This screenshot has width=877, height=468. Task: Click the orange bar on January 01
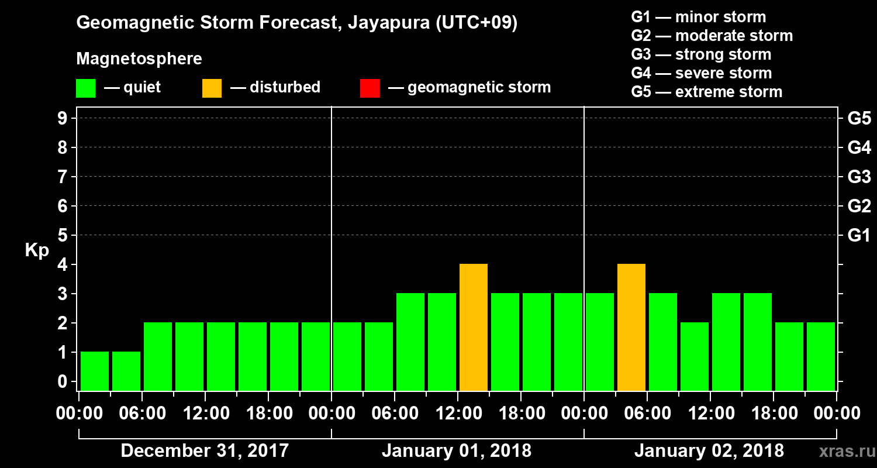point(474,327)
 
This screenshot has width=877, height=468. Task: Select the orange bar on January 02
point(631,327)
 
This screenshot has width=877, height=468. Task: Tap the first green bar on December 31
point(95,371)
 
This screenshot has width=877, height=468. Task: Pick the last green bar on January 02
point(821,356)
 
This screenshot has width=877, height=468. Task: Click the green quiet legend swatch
point(85,88)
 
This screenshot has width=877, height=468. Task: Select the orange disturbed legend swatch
point(212,88)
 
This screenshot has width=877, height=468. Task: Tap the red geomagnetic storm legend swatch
point(370,88)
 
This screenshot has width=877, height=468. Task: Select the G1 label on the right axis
point(859,236)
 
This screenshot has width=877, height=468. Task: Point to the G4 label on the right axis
point(859,148)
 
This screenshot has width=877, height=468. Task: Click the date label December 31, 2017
point(205,451)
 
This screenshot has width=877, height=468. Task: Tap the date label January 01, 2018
point(457,451)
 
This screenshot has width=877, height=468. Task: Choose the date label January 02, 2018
point(709,451)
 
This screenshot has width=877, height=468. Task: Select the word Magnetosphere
point(139,59)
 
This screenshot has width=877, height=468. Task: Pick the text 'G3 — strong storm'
point(701,54)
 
